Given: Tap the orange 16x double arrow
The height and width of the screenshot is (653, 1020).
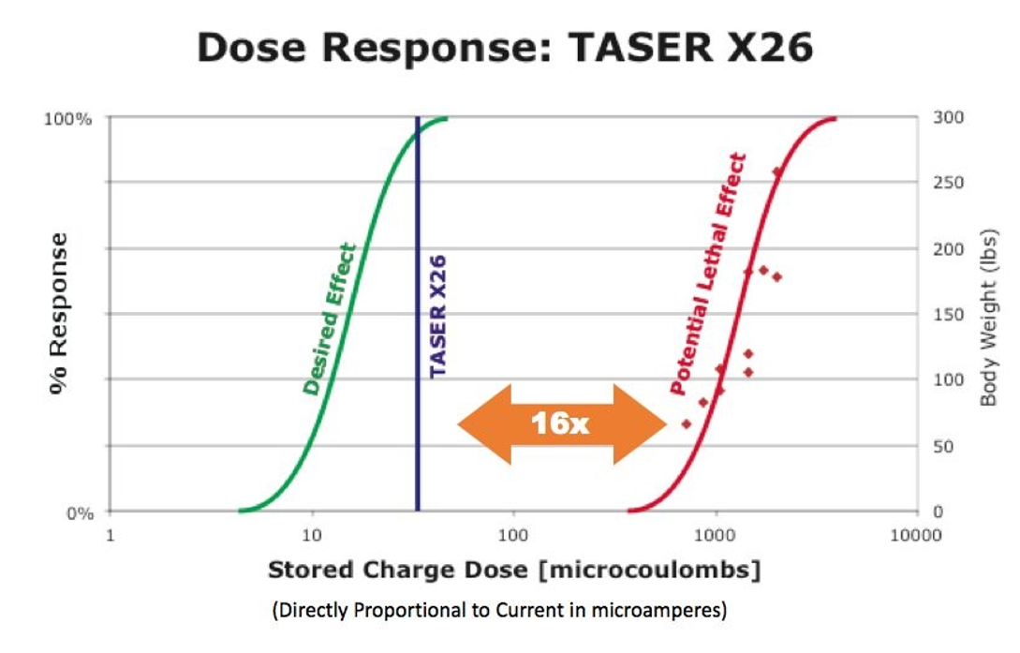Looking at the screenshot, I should [560, 423].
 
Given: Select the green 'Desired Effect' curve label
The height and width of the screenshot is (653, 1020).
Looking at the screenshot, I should [330, 319].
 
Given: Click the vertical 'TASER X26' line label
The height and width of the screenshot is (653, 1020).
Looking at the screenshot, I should [437, 316].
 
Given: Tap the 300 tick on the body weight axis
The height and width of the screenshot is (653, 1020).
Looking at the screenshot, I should [948, 117].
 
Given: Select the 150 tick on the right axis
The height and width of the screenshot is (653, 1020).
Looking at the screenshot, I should [948, 314].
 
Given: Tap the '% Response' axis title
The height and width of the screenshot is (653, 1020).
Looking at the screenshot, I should [58, 314].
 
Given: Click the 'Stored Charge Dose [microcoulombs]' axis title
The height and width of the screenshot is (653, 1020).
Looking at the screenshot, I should [513, 570].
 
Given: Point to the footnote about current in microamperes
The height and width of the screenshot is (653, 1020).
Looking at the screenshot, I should [499, 611].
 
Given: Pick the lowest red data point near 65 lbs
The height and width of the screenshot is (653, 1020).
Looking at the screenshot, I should [686, 423].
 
